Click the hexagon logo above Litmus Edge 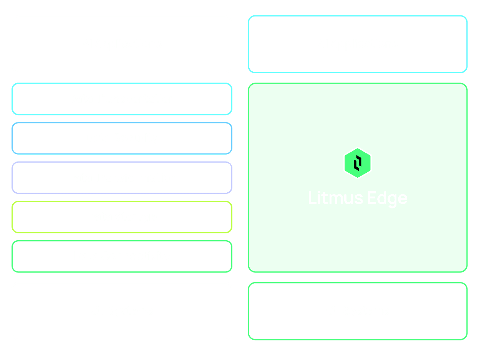coord(358,163)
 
